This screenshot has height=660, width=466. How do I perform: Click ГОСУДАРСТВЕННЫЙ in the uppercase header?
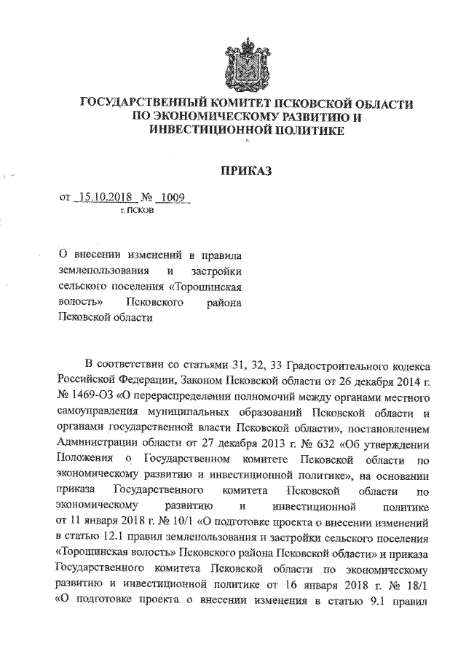(x=139, y=104)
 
